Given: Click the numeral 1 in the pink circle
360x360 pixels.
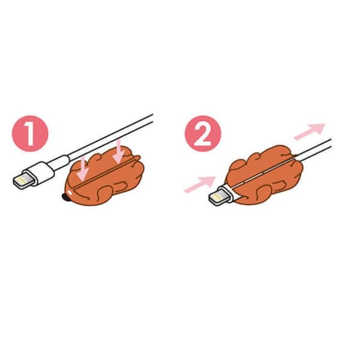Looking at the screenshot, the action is click(x=30, y=134).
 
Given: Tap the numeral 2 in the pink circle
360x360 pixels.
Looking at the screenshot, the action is click(x=203, y=134).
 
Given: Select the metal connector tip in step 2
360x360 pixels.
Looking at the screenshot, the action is click(x=219, y=197).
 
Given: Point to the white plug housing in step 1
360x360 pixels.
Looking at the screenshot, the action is click(x=40, y=173).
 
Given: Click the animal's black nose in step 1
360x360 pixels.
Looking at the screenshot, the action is click(x=66, y=197).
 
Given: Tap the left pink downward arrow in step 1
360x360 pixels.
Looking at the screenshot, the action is click(x=83, y=170).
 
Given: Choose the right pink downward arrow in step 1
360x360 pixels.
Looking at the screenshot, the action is click(x=119, y=152).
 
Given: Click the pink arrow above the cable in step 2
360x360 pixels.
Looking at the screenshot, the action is click(x=310, y=131).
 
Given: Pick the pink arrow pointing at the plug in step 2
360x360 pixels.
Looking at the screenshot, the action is click(x=200, y=184).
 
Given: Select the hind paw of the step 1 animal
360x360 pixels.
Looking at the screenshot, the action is click(x=121, y=184).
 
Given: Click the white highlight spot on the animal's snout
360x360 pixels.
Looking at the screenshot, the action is click(x=70, y=191).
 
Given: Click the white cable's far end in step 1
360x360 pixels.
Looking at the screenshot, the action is click(x=152, y=118).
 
